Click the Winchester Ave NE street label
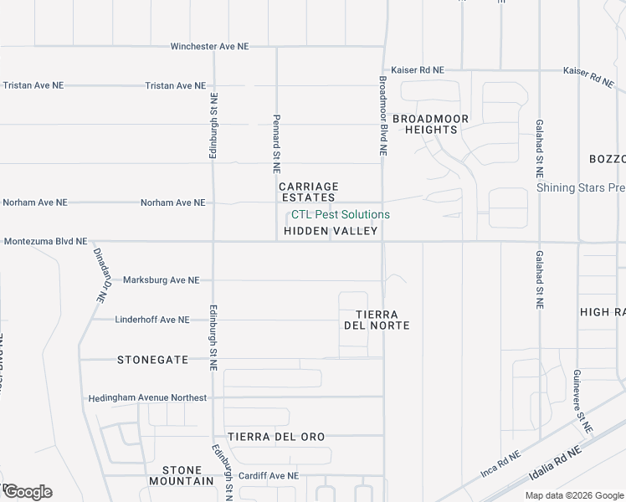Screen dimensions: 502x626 point(209,47)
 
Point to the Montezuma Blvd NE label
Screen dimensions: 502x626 point(45,241)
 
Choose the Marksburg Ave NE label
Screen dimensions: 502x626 point(161,280)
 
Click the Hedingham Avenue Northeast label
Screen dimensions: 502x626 point(146,397)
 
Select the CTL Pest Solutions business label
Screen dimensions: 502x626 point(340,215)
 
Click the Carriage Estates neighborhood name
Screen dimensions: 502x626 point(308,192)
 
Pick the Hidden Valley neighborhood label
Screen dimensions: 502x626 point(331,231)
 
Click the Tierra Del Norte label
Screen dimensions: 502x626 point(377,319)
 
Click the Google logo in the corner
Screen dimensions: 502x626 point(27,492)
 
